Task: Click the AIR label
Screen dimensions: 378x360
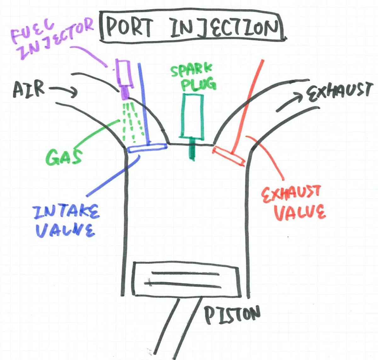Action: tap(29, 89)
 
